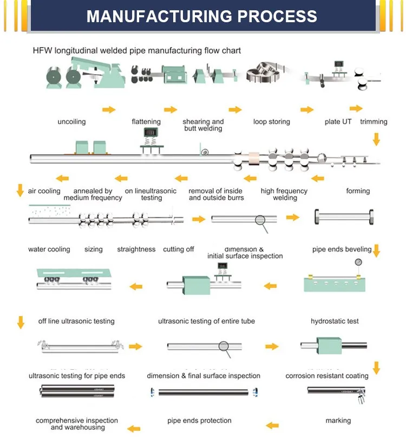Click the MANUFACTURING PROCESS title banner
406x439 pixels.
point(202,16)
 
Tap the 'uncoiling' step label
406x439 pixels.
point(71,122)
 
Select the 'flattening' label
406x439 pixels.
point(146,122)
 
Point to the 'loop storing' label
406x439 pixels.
point(271,122)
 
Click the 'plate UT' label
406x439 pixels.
point(338,122)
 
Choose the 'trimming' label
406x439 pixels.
point(374,122)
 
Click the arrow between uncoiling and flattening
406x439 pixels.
point(109,110)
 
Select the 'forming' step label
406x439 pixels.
point(358,191)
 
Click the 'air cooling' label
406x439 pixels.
point(44,191)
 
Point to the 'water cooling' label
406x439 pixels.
point(49,250)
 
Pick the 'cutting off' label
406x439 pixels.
point(178,250)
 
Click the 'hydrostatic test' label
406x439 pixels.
point(335,321)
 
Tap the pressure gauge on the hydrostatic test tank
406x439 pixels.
point(358,263)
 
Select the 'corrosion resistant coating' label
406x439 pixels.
point(327,376)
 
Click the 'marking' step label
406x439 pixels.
point(338,421)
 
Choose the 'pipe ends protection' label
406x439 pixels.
point(199,421)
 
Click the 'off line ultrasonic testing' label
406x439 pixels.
point(76,321)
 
